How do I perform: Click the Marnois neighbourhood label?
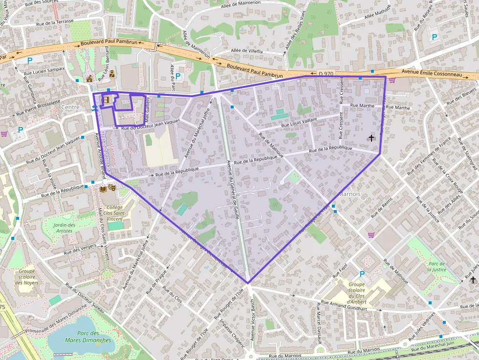tap(349, 193)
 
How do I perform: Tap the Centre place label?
tap(70, 107)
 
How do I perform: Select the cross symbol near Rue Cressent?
tap(371, 138)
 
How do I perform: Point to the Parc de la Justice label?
tap(436, 266)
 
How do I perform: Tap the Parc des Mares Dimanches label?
tap(82, 337)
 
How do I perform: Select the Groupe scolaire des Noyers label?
tap(27, 277)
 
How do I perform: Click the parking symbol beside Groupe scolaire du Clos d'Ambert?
tap(362, 274)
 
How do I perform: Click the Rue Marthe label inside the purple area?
tap(362, 105)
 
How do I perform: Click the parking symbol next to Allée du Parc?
tap(178, 76)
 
